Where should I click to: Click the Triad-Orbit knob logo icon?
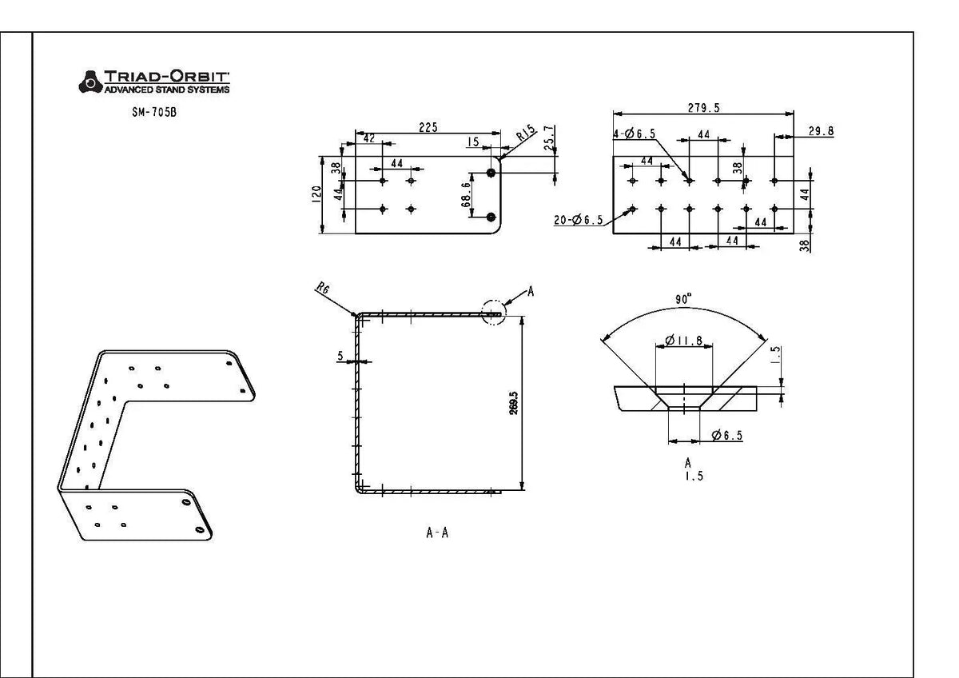[x=90, y=82]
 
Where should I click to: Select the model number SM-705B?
[x=154, y=112]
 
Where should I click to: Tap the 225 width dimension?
[x=428, y=127]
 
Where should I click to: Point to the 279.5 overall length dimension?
[x=704, y=108]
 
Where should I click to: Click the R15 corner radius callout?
[x=526, y=133]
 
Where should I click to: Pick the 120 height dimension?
[x=316, y=194]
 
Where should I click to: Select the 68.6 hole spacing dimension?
[x=466, y=195]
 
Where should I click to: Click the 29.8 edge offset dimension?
[x=822, y=131]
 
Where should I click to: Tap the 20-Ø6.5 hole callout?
[x=579, y=220]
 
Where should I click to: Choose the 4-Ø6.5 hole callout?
[x=634, y=134]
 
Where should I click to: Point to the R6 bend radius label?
[x=323, y=288]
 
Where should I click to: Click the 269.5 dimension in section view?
[x=514, y=403]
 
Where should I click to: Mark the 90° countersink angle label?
[x=683, y=299]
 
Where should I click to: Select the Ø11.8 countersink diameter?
[x=684, y=341]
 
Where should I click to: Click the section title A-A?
[x=438, y=532]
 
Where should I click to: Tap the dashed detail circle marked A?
[x=494, y=313]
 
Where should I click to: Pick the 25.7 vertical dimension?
[x=549, y=138]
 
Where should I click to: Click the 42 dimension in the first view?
[x=368, y=138]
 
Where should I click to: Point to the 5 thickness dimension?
[x=340, y=356]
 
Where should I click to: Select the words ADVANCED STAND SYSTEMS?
[x=167, y=90]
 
